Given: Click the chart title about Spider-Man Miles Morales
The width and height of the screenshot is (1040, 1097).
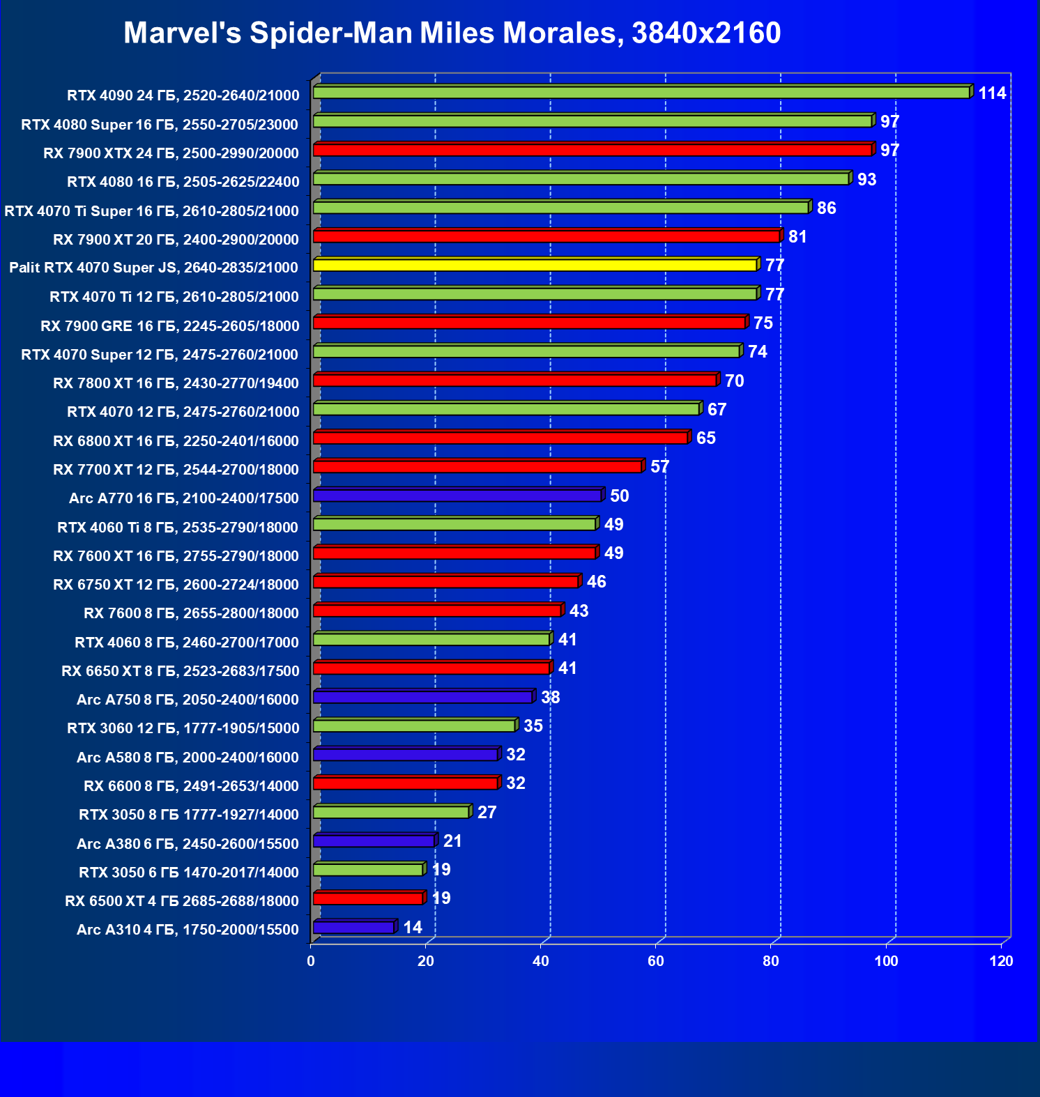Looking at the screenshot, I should tap(452, 33).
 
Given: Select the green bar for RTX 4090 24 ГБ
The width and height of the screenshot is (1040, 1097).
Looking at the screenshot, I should tap(641, 93).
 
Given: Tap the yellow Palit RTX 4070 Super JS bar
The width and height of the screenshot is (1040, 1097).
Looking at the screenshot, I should tap(535, 265).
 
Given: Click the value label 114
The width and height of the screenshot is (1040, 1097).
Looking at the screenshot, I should tap(992, 93).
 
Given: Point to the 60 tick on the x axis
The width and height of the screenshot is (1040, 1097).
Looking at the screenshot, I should tap(656, 961).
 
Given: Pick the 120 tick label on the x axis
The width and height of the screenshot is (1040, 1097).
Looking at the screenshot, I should tap(1001, 961).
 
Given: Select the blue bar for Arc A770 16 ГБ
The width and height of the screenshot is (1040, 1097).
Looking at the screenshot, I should tap(457, 496).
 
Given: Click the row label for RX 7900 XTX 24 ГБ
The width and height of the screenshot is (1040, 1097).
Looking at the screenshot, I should tap(171, 153).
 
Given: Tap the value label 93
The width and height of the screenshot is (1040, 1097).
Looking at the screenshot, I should tap(866, 180).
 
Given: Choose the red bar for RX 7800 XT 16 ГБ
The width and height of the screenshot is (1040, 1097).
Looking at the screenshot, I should tap(515, 381).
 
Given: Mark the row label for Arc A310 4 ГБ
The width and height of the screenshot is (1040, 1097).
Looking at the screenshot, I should tap(188, 930).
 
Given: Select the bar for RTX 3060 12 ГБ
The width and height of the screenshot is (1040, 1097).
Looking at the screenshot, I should tap(414, 726).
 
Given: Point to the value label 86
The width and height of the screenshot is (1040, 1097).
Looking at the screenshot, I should tap(826, 208).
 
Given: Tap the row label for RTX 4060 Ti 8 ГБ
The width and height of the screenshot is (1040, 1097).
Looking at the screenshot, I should tap(178, 528).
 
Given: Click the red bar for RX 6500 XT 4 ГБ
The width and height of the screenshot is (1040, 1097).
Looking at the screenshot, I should tap(368, 898).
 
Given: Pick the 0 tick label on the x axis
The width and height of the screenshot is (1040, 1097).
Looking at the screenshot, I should tap(311, 961).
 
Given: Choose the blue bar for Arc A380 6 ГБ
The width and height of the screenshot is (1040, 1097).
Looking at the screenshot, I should tap(374, 841).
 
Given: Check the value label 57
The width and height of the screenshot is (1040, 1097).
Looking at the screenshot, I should tap(659, 467).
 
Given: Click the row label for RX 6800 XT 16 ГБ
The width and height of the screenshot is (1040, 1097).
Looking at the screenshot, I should tap(176, 441).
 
